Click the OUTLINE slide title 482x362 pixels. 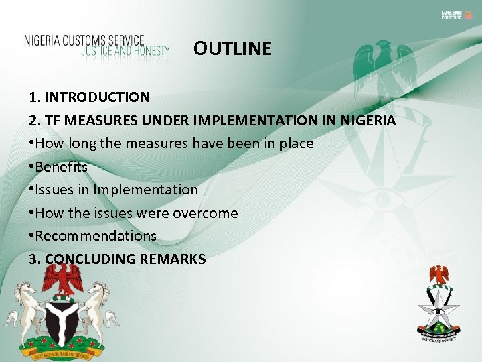(232, 49)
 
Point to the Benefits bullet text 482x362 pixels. (62, 167)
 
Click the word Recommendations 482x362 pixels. (96, 236)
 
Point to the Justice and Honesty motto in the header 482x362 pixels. (126, 50)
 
